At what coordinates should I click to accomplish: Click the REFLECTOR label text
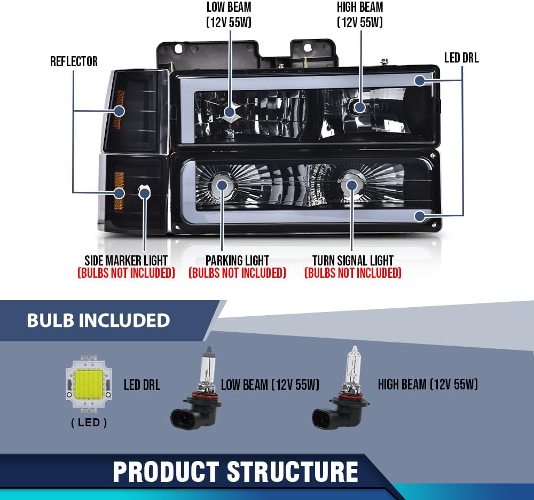click(74, 61)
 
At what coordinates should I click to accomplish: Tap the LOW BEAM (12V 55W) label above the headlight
click(229, 14)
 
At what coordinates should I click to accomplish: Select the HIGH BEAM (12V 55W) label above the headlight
click(360, 14)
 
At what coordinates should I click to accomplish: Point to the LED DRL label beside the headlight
click(461, 58)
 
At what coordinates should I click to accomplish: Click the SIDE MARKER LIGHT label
click(126, 261)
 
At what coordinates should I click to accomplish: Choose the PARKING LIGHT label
click(238, 261)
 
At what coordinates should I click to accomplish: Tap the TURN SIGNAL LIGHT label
click(353, 261)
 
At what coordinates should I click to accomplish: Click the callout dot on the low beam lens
click(230, 112)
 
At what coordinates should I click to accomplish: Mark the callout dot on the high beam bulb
click(360, 107)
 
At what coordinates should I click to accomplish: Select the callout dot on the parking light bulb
click(222, 185)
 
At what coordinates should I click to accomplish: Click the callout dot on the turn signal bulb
click(352, 185)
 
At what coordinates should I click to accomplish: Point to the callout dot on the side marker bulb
click(145, 193)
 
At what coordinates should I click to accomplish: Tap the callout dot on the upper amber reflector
click(119, 111)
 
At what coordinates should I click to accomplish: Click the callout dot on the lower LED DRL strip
click(420, 216)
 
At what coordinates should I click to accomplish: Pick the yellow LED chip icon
click(89, 381)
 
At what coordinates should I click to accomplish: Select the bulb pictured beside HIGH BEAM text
click(341, 388)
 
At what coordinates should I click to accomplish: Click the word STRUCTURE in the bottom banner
click(292, 472)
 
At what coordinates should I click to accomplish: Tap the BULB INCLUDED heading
click(98, 320)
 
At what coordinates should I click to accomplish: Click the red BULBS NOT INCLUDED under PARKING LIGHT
click(238, 273)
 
